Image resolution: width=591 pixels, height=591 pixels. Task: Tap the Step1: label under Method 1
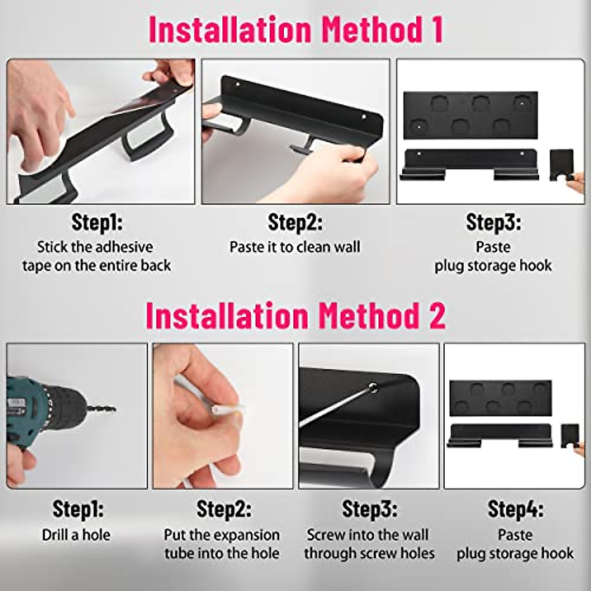click(x=97, y=222)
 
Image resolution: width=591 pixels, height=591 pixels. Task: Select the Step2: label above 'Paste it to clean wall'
click(x=295, y=222)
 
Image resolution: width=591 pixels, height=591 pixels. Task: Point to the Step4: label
click(x=515, y=509)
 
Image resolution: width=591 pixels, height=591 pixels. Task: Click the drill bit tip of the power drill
click(x=114, y=409)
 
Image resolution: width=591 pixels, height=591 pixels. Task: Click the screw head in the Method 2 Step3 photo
click(x=373, y=387)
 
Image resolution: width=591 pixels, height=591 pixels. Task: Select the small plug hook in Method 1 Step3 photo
click(x=561, y=165)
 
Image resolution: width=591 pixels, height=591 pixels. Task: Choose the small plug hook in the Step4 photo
click(x=570, y=436)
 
